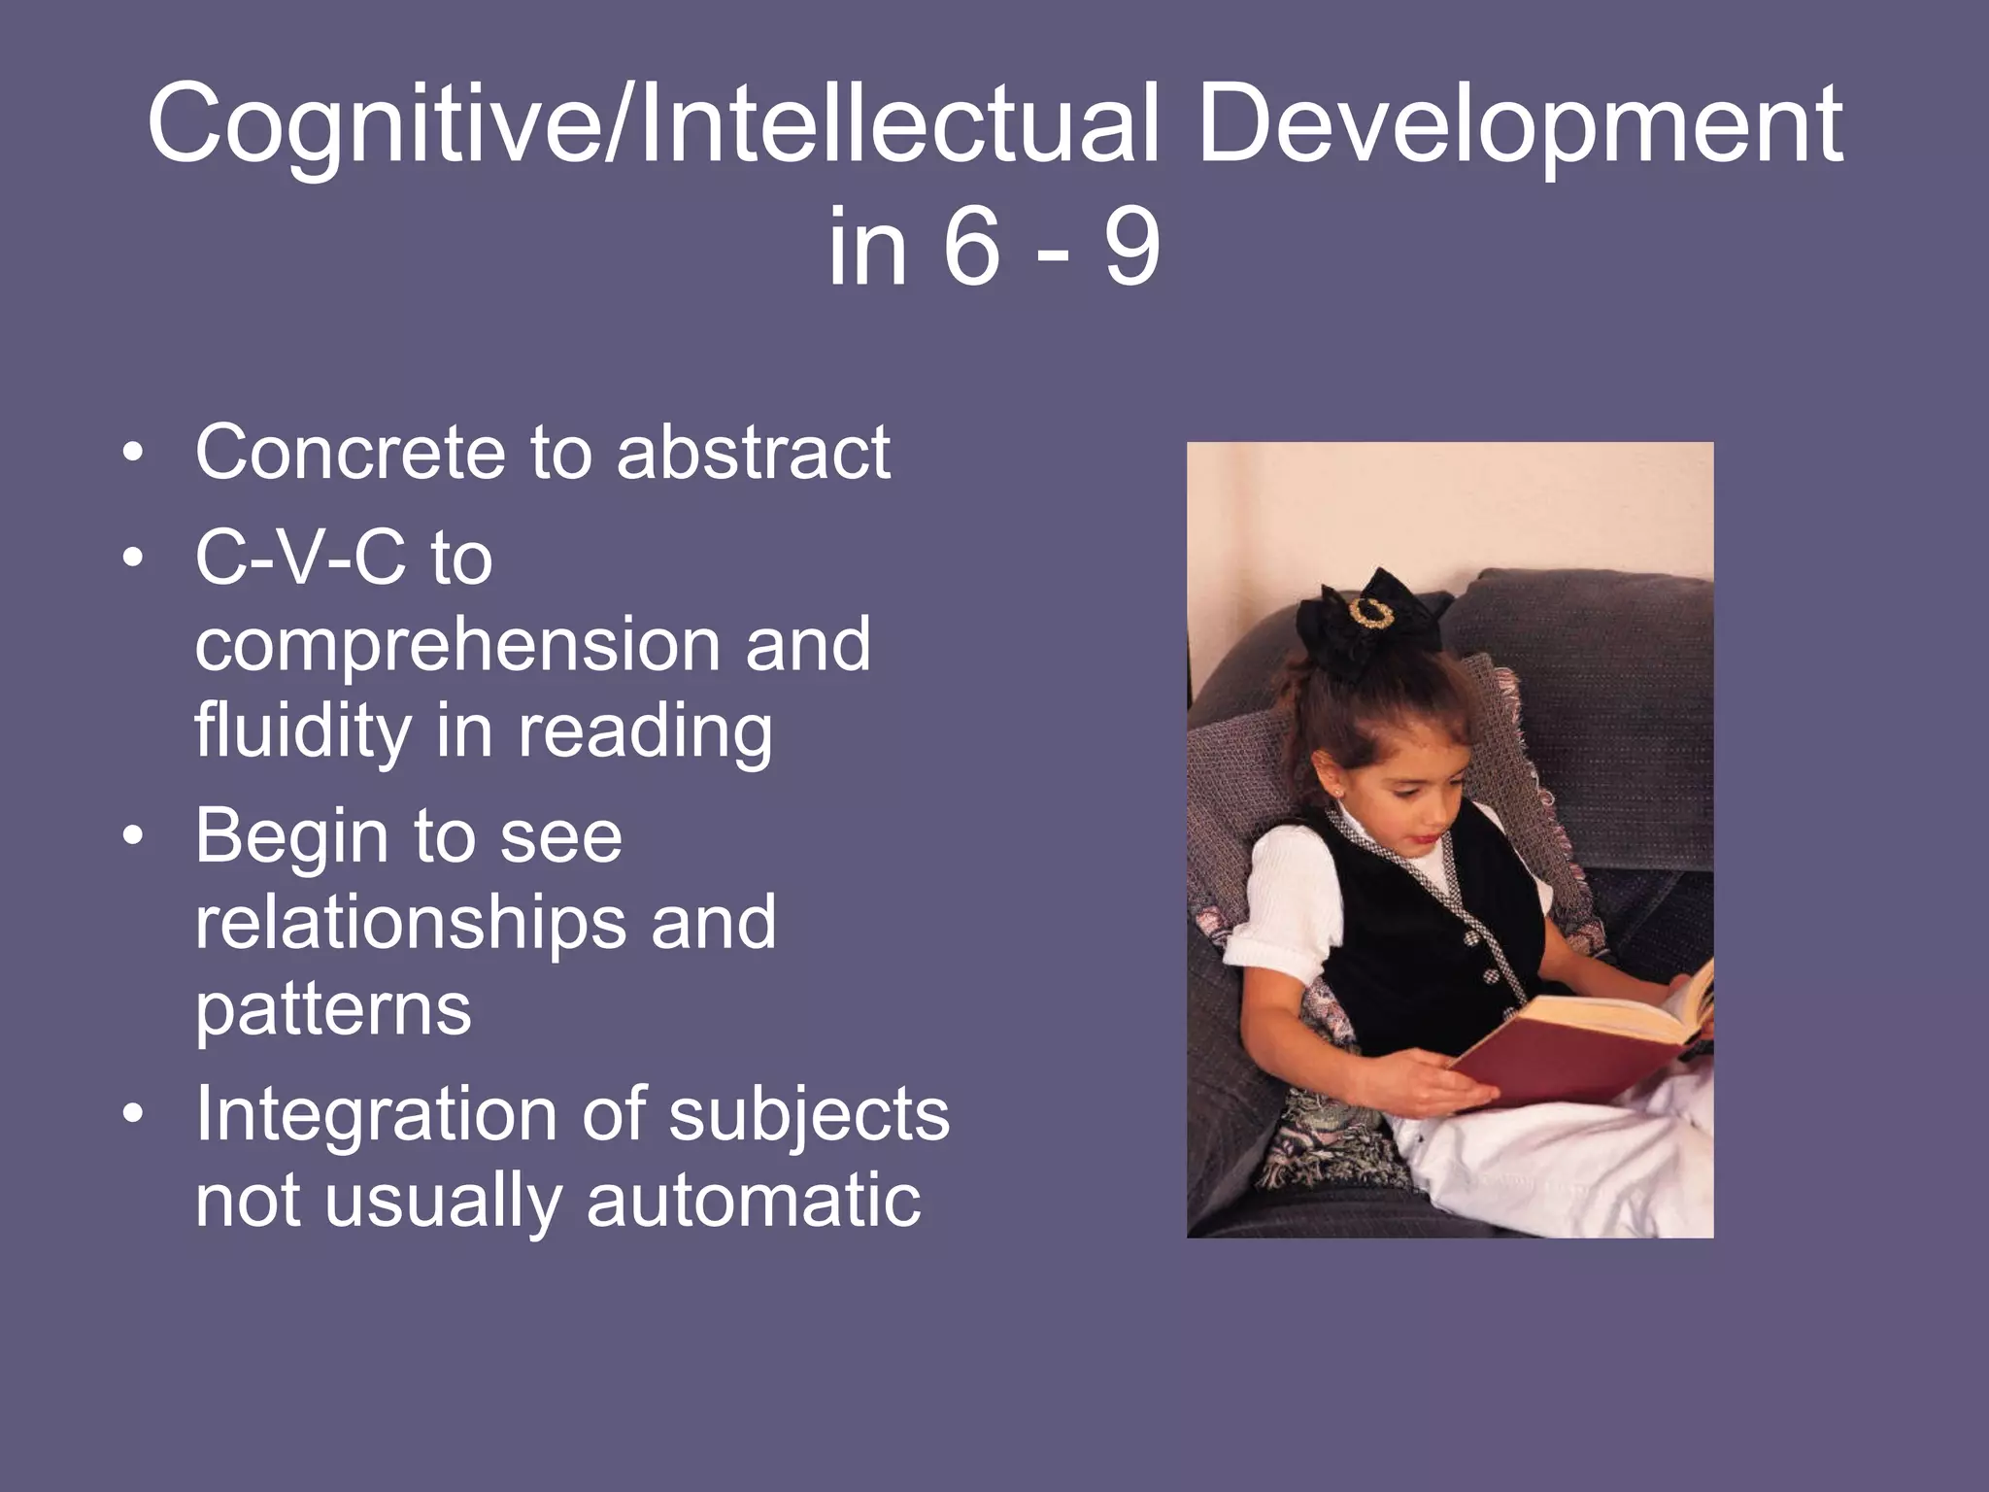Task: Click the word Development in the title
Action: pyautogui.click(x=1519, y=126)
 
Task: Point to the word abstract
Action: pyautogui.click(x=753, y=453)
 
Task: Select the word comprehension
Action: pyautogui.click(x=456, y=647)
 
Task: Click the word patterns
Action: pyautogui.click(x=333, y=1011)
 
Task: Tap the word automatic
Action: pyautogui.click(x=754, y=1201)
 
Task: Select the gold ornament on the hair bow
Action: pyautogui.click(x=1368, y=614)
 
